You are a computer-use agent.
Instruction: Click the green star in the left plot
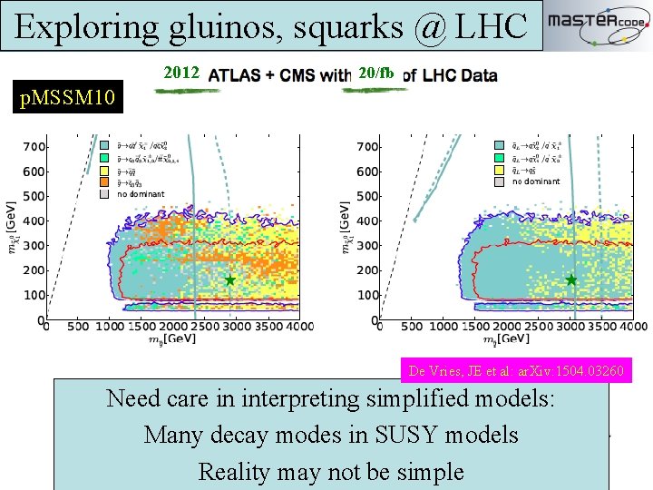coord(230,280)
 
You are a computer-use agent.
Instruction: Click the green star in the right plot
coord(571,280)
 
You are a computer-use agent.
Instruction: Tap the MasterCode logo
coord(597,24)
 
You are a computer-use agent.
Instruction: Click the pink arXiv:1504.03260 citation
coord(516,371)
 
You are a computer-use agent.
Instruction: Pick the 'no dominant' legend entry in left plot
coord(141,193)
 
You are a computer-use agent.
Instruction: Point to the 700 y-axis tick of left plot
coord(35,146)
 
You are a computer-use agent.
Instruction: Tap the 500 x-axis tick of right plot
coord(414,327)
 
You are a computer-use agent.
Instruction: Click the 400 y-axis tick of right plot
coord(367,220)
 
